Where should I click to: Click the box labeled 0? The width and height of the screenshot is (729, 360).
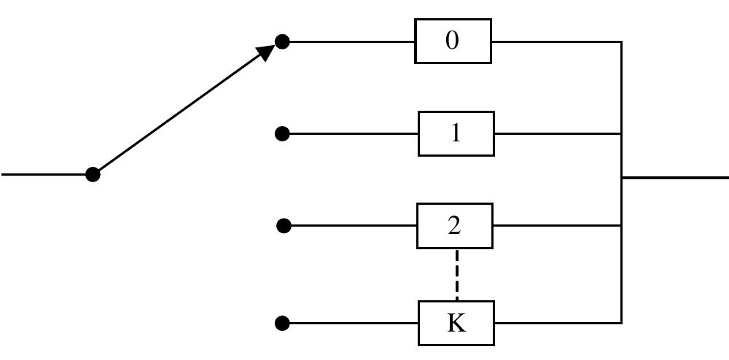click(x=453, y=42)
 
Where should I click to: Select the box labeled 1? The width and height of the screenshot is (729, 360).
click(x=456, y=133)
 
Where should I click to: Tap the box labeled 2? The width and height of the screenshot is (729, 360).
click(x=454, y=226)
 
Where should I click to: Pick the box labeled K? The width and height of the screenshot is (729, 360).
click(x=456, y=323)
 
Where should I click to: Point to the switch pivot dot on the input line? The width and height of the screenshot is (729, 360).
click(x=93, y=174)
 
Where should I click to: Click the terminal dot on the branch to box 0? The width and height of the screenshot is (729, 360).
click(x=282, y=42)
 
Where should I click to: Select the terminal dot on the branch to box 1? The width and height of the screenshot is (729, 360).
click(x=282, y=133)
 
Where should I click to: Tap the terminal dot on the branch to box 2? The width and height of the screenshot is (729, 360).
click(x=284, y=226)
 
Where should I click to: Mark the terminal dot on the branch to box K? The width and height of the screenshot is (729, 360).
click(x=283, y=323)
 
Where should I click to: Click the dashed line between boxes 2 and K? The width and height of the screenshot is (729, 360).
click(x=457, y=275)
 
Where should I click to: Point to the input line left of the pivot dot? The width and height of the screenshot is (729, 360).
click(x=44, y=174)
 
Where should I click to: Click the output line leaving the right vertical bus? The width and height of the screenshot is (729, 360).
click(x=674, y=177)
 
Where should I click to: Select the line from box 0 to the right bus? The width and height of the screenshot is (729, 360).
click(x=556, y=42)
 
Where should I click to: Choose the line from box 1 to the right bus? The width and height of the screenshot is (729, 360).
click(x=558, y=133)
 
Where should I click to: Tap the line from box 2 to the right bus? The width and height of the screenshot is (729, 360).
click(x=557, y=226)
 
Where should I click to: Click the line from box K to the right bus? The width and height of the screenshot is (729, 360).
click(x=558, y=323)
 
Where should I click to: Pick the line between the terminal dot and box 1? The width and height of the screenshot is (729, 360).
click(x=350, y=133)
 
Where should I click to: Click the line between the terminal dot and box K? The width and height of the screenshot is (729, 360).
click(x=350, y=323)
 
